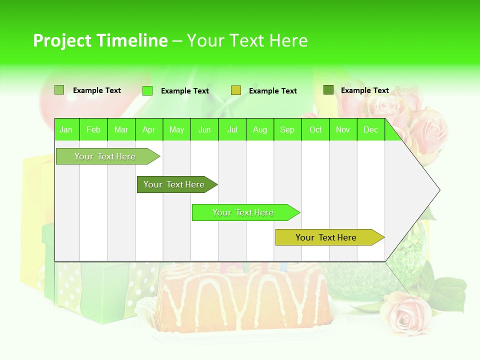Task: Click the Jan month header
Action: point(66,129)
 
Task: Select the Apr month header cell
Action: point(149,129)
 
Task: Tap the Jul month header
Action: point(232,129)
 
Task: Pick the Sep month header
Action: point(287,129)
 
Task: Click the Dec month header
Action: point(370,129)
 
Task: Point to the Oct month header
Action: point(315,129)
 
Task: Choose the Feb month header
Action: point(93,129)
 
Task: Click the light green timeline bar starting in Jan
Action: point(105,156)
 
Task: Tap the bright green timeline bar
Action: point(243,212)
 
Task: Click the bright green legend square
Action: point(147,90)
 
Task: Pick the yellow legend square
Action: point(236,90)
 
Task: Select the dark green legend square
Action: point(328,90)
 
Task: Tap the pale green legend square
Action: point(59,90)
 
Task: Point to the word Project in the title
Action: point(61,40)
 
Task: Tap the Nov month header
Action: point(343,129)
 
